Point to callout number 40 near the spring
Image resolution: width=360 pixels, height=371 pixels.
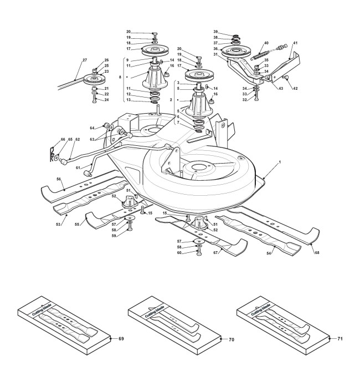(x=266, y=43)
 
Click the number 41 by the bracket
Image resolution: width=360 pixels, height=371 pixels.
(x=295, y=43)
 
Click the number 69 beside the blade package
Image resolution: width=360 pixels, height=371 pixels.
(x=121, y=337)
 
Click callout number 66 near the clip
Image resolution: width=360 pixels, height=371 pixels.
(x=48, y=139)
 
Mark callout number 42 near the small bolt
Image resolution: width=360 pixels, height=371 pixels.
(x=295, y=87)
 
